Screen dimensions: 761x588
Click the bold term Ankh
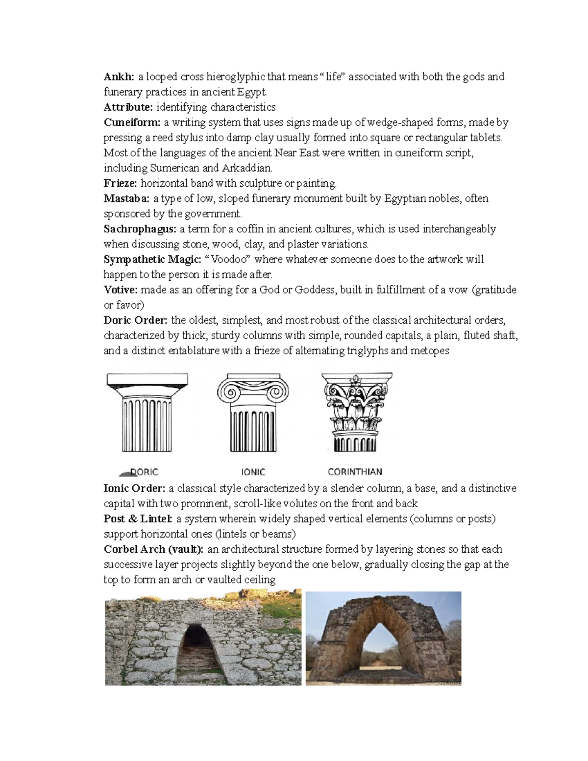pos(118,76)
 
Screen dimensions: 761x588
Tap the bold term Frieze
pos(121,183)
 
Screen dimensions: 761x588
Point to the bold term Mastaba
pos(127,198)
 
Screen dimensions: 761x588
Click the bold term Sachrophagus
pos(140,229)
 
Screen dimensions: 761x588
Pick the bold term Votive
pos(121,290)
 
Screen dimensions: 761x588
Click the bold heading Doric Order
pos(136,320)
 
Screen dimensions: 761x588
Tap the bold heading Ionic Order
pos(135,488)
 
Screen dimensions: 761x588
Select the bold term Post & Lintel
pos(138,518)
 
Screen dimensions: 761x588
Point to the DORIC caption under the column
pos(144,472)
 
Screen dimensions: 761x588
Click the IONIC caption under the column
pos(253,472)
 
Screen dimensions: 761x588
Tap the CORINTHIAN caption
pos(355,472)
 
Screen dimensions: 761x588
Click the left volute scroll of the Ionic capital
pos(228,392)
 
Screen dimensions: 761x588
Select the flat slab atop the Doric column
pos(147,379)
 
